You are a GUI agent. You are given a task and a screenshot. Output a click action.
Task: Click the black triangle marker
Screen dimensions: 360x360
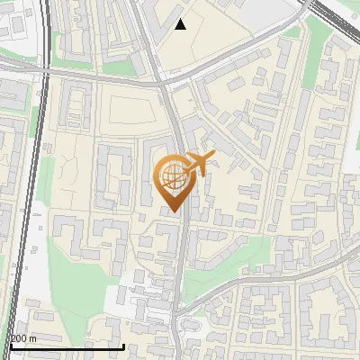pyautogui.click(x=181, y=24)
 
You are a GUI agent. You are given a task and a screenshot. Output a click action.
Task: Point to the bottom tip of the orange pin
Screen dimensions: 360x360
pyautogui.click(x=173, y=212)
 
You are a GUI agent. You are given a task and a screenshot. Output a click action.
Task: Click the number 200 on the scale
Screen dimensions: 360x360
pyautogui.click(x=20, y=338)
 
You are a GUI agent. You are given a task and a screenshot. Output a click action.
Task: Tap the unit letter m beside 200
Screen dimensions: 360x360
pyautogui.click(x=34, y=338)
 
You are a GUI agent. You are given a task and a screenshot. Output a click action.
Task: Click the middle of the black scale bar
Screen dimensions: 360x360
pyautogui.click(x=67, y=346)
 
